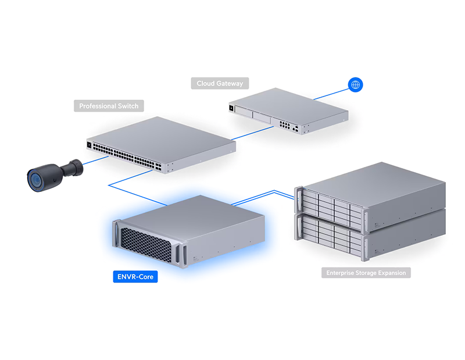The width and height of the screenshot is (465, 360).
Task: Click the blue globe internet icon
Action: pos(355,84)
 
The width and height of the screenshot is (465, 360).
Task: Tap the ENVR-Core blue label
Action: pos(135,277)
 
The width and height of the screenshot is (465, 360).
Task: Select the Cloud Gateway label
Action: pos(220,83)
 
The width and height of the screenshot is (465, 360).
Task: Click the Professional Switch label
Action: pos(109,106)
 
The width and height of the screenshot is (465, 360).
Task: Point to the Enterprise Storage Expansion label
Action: pos(366,273)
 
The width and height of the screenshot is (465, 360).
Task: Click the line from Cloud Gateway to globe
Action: pos(331,94)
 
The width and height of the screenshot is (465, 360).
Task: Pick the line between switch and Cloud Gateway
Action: pos(252,133)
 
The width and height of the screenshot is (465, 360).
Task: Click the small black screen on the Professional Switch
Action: pos(89,145)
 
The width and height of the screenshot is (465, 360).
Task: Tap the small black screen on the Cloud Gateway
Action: pos(231,108)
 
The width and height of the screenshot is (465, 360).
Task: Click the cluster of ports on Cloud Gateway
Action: pos(285,124)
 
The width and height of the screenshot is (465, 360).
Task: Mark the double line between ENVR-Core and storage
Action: pos(263,197)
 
